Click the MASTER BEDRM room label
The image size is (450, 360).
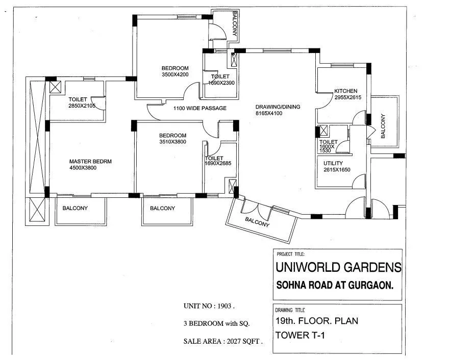[x=90, y=161]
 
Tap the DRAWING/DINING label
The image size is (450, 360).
[x=278, y=107]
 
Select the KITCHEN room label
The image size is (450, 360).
[x=345, y=91]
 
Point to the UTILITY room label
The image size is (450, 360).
[x=333, y=163]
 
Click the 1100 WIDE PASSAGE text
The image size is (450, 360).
[x=199, y=108]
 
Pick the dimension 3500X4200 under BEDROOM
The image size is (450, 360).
[x=175, y=74]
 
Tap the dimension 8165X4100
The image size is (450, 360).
[x=268, y=113]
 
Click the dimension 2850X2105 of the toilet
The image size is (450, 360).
[x=83, y=106]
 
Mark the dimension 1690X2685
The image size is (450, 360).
[x=218, y=164]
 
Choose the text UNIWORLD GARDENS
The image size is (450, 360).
[x=338, y=267]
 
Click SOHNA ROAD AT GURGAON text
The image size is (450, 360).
[x=335, y=286]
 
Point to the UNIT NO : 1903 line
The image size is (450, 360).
[x=209, y=306]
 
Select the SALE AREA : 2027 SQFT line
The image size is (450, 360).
[x=223, y=342]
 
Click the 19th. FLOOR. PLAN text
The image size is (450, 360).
[x=316, y=321]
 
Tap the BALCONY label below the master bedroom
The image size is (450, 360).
[x=75, y=208]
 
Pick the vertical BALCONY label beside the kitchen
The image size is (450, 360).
[x=383, y=126]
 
